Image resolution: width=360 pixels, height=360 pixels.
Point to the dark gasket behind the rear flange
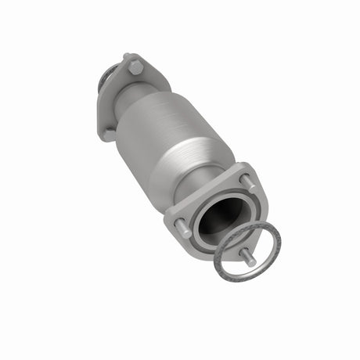pyautogui.click(x=103, y=82)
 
